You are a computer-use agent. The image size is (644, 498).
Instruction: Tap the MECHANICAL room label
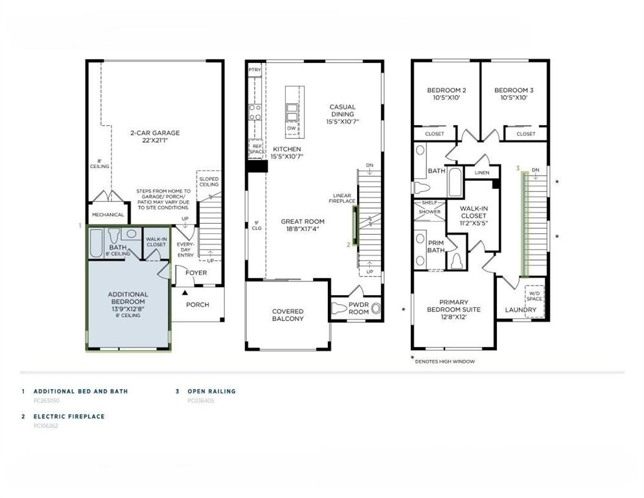pos(108,215)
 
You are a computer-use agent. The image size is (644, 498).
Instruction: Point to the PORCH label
pos(198,305)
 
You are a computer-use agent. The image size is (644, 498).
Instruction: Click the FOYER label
pos(196,273)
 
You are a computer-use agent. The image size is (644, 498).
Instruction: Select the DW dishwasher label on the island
pos(292,128)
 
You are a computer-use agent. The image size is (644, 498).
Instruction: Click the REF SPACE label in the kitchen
pos(256,148)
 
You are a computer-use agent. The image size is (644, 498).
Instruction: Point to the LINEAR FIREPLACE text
pos(342,198)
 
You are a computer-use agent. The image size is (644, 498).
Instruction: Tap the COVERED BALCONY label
pos(288,315)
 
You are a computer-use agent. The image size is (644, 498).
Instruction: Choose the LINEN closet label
pos(481,173)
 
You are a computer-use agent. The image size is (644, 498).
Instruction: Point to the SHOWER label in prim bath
pos(429,212)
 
